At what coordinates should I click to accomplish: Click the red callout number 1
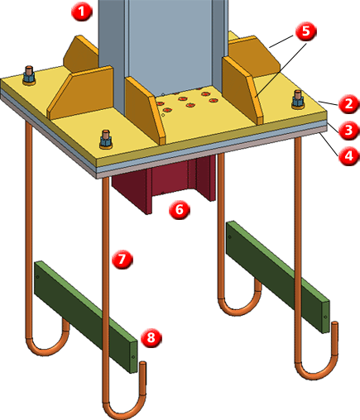click(81, 12)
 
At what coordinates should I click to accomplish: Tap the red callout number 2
click(348, 104)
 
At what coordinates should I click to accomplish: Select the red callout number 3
click(348, 130)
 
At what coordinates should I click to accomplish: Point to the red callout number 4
click(348, 156)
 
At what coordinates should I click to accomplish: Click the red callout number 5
click(305, 31)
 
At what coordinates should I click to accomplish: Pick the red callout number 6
click(180, 210)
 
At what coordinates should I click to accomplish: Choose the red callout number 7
click(122, 259)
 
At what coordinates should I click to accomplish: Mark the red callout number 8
click(151, 337)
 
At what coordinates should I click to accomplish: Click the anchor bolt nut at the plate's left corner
click(29, 78)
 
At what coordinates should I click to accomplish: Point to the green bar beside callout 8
click(85, 317)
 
